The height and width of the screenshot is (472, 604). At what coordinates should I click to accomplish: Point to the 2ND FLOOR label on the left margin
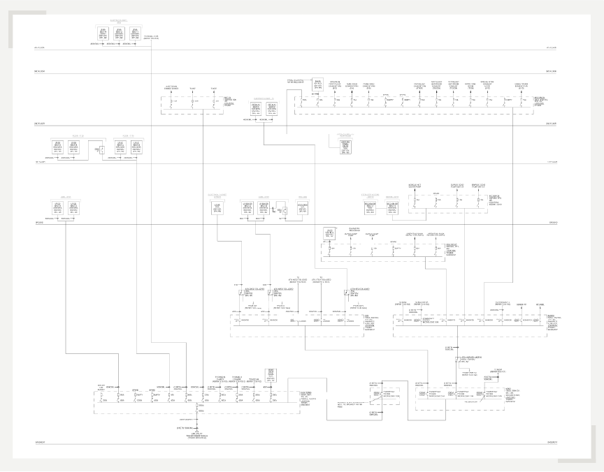tap(39, 124)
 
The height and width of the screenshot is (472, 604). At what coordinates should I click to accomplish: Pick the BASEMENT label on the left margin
tap(39, 443)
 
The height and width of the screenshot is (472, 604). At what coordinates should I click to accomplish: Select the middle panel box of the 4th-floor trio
tap(119, 33)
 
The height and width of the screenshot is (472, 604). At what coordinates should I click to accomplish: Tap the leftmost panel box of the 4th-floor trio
tap(103, 33)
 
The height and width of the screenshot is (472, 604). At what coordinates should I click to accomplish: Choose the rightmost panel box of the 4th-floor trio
tap(134, 33)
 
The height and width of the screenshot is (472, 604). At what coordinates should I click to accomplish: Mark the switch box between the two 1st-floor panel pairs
tap(101, 150)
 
